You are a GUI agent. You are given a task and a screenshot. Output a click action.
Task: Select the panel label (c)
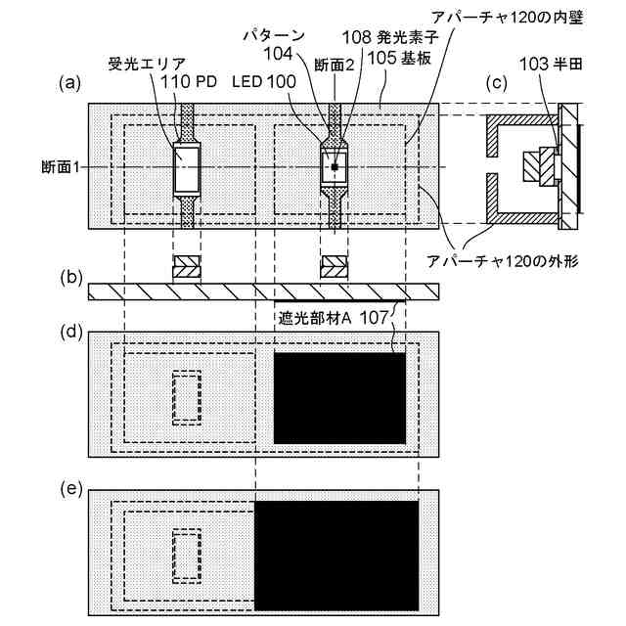(497, 83)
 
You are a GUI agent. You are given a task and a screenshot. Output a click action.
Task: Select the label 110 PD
(191, 83)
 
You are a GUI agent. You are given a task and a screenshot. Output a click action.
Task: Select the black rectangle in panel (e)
(335, 555)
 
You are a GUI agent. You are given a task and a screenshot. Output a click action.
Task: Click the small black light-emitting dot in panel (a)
(335, 168)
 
